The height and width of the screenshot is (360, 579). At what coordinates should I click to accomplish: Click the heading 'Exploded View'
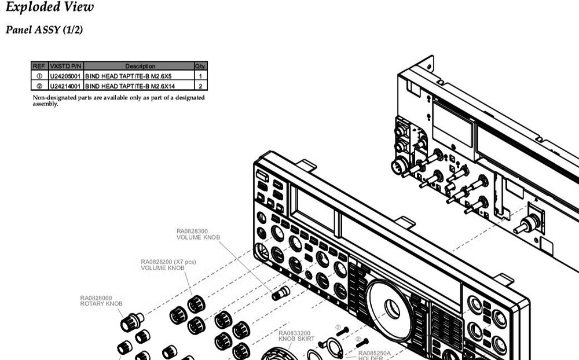coord(49,8)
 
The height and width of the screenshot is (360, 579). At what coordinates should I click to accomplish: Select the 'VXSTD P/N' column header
coord(66,66)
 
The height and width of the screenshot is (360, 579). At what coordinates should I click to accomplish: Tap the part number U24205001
coord(66,76)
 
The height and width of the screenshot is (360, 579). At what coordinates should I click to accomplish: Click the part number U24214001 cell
coord(66,86)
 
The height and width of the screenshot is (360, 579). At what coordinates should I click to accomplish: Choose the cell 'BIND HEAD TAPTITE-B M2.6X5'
coord(129,76)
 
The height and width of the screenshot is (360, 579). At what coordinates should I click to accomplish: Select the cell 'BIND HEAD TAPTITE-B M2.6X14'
coord(130,86)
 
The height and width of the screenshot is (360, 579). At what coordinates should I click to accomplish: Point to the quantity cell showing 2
coord(200,86)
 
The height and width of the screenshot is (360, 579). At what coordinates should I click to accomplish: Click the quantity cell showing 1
coord(200,76)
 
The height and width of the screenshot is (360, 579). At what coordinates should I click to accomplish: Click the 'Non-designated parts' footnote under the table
coord(118,100)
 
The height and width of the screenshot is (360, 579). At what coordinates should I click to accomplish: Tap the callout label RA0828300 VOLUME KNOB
coord(198,234)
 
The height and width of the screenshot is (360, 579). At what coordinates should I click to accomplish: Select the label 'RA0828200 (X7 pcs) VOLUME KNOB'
coord(168,265)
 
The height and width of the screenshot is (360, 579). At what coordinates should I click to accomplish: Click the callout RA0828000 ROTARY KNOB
coord(101,301)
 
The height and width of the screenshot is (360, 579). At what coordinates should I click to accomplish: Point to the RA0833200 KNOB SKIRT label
coord(294,336)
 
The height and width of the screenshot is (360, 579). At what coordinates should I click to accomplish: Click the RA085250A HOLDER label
coord(374,354)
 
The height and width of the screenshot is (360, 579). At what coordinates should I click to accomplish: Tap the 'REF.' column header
coord(39,66)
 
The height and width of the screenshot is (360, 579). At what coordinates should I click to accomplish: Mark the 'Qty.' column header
coord(200,66)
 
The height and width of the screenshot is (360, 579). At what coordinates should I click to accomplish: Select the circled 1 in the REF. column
coord(39,76)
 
